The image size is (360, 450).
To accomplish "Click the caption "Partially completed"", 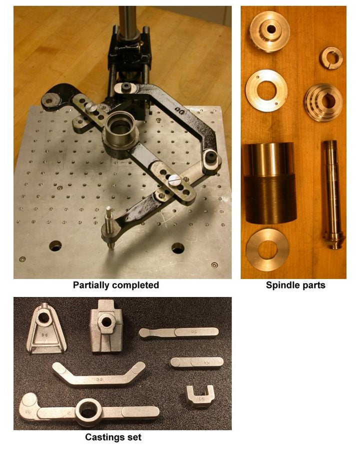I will coord(116,285).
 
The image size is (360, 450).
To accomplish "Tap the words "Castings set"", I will coord(113,437).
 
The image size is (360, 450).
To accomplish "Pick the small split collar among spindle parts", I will coord(331,57).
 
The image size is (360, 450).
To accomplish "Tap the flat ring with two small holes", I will coord(266,90).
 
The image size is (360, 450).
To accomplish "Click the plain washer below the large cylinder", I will coord(268,249).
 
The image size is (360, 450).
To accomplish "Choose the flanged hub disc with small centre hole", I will coord(270,31).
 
